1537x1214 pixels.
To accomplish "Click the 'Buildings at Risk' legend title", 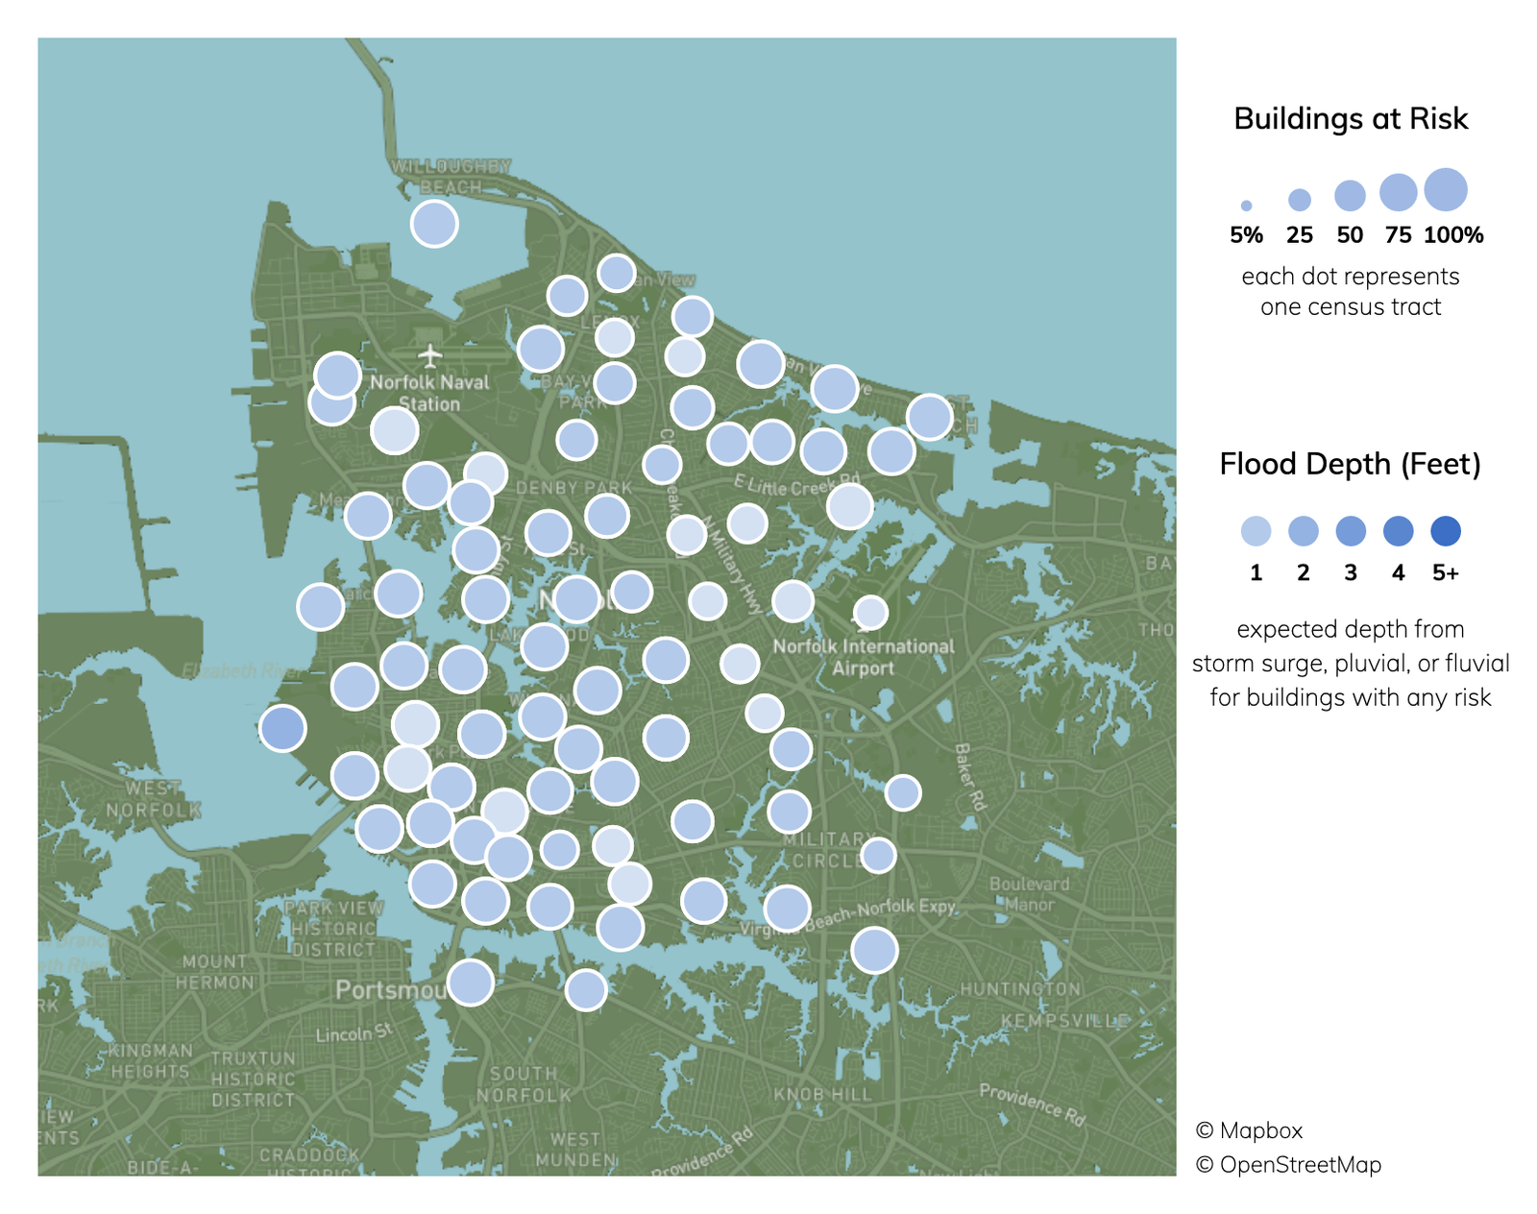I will coord(1350,118).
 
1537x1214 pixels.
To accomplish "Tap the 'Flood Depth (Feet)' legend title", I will coord(1350,464).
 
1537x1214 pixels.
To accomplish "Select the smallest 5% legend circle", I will coord(1246,206).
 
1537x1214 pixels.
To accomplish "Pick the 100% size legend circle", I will coord(1446,189).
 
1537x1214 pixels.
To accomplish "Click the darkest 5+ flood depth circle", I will coord(1445,531).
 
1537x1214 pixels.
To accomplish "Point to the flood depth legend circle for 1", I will coord(1256,531).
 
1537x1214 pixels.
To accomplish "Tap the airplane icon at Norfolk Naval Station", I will coord(430,356).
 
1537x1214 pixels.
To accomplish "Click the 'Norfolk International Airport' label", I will coord(864,657).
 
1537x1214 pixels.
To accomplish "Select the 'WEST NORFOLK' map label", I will coord(153,799).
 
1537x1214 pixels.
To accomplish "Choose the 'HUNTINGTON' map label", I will coord(1020,988).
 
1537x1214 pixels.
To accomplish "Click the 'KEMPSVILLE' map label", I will coord(1064,1020).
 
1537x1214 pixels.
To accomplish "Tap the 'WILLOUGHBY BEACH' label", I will coord(451,177).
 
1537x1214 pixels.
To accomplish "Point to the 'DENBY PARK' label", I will coord(574,488).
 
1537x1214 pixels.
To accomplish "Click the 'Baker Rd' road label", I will coord(970,776).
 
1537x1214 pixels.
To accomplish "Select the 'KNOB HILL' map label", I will coord(822,1094).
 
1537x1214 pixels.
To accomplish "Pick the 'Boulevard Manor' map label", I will coord(1029,893).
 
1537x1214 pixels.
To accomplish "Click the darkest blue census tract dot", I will coord(282,727).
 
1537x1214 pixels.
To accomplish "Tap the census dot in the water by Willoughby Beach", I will coord(434,224).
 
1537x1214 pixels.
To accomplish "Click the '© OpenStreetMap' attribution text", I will coord(1288,1165).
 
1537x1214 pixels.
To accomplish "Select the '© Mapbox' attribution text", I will coord(1249,1130).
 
